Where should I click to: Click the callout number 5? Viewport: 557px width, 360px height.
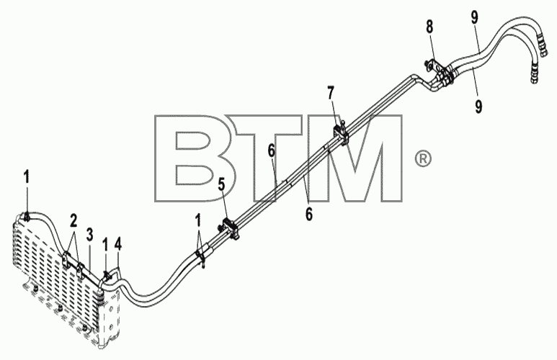coord(221,184)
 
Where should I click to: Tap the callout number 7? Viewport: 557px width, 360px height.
coord(331,94)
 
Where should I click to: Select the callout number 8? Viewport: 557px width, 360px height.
coord(429,27)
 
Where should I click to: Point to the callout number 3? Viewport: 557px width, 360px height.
coord(90,235)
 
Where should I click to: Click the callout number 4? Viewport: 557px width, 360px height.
coord(118,244)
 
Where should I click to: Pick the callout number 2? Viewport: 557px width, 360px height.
coord(73,221)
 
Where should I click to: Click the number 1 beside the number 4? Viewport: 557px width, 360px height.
coord(105,244)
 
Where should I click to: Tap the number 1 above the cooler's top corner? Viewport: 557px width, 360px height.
coord(27,177)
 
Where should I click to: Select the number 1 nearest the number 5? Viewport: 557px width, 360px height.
coord(198,220)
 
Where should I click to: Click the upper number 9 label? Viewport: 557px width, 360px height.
coord(475,17)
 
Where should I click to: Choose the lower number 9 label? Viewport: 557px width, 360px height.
coord(478,106)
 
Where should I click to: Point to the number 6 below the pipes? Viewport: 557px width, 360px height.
coord(309,215)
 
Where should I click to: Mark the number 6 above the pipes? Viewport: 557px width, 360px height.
coord(272,152)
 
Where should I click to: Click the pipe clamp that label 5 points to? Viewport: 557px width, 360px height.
coord(230,228)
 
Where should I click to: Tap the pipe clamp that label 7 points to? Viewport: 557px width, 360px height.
coord(341,133)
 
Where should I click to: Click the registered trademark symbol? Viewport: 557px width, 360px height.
coord(423,158)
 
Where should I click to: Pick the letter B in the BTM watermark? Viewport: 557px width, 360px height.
coord(195,158)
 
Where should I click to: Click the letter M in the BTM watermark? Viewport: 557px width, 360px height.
coord(355,158)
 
